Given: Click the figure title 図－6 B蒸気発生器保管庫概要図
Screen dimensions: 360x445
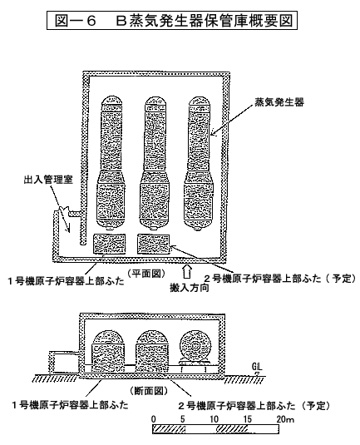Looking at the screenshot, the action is pyautogui.click(x=172, y=20).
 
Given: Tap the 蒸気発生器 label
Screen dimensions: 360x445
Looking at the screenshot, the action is pyautogui.click(x=279, y=102).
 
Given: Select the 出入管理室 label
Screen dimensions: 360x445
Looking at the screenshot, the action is pyautogui.click(x=48, y=180).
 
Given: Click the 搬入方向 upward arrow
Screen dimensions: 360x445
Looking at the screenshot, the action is pyautogui.click(x=187, y=271).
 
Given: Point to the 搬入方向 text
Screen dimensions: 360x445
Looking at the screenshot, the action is pyautogui.click(x=190, y=288).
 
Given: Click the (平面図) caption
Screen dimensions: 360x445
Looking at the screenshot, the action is pyautogui.click(x=146, y=274).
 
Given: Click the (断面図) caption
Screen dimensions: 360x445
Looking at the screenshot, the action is pyautogui.click(x=149, y=391).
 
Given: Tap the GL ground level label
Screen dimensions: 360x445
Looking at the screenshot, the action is pyautogui.click(x=257, y=366).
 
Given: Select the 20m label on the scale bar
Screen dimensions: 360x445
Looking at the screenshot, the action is pyautogui.click(x=285, y=419).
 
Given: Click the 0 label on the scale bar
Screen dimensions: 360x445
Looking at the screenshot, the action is pyautogui.click(x=154, y=419).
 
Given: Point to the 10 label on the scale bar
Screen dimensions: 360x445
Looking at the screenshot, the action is pyautogui.click(x=215, y=419).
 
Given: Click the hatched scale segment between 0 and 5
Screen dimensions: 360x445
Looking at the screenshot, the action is pyautogui.click(x=169, y=429).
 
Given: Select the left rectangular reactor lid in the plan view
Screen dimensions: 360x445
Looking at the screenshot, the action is pyautogui.click(x=110, y=244).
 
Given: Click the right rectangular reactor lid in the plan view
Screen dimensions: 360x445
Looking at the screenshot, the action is pyautogui.click(x=154, y=244).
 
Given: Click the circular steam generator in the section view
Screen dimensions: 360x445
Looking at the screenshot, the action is pyautogui.click(x=195, y=346).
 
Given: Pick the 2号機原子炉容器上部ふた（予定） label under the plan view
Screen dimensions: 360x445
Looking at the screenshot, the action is pyautogui.click(x=279, y=279).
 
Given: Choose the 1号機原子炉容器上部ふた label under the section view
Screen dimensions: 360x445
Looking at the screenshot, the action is pyautogui.click(x=70, y=404).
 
